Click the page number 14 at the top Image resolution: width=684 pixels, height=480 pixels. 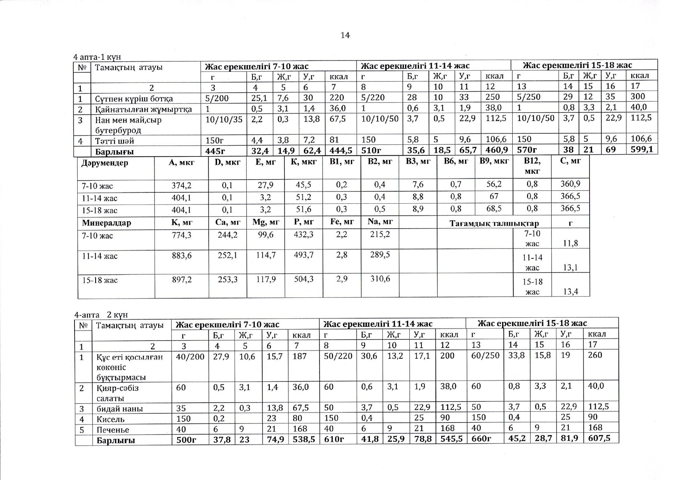tap(345, 36)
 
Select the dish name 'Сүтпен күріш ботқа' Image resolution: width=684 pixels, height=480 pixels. tap(133, 99)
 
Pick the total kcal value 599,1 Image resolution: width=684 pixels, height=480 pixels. tap(641, 149)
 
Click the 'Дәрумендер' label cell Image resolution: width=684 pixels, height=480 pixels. tap(104, 163)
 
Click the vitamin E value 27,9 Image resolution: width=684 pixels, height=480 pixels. tap(265, 185)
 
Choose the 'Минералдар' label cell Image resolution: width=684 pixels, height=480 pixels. tap(106, 223)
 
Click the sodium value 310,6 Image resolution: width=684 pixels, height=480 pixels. tap(380, 279)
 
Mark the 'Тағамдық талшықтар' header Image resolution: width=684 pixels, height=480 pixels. tap(494, 224)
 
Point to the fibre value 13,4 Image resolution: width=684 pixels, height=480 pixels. tap(570, 291)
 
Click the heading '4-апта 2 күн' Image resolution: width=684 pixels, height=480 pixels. tap(101, 315)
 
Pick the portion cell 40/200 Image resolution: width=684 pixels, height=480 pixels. tap(190, 356)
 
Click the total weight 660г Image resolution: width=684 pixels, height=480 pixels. tap(481, 439)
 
